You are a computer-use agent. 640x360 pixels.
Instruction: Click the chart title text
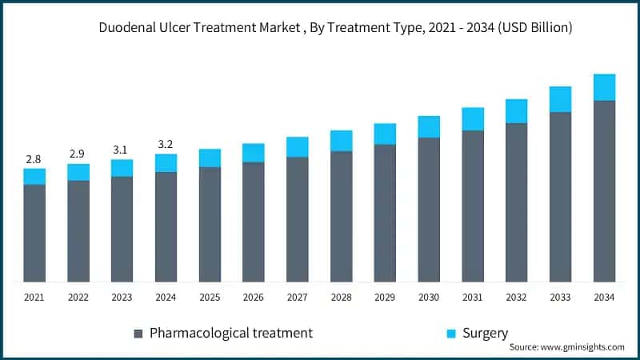335,27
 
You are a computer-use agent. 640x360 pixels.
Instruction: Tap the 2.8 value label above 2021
34,158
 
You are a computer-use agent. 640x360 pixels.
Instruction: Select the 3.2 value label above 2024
166,144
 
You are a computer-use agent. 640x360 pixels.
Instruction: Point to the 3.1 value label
122,150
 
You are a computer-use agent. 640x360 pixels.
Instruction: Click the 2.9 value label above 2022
78,154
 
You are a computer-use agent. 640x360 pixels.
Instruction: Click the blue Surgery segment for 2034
604,87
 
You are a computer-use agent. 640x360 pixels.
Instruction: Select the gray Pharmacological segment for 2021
34,233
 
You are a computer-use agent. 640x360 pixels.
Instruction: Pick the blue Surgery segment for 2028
342,141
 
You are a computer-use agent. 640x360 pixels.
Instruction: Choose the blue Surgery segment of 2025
210,158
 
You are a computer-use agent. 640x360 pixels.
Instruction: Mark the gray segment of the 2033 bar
560,197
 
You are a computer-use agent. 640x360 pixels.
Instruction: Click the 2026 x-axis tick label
254,297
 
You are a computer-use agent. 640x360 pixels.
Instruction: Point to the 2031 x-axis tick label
473,297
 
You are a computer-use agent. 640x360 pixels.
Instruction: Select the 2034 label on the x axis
604,297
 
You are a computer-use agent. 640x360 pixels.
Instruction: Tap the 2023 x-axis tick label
122,297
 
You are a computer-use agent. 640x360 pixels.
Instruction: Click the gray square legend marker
138,333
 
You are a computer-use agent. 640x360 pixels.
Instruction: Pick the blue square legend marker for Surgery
452,333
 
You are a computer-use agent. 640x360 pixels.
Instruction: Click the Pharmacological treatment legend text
231,332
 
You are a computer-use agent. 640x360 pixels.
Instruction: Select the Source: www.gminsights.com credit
566,347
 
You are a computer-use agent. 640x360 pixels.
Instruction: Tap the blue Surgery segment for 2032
516,111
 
